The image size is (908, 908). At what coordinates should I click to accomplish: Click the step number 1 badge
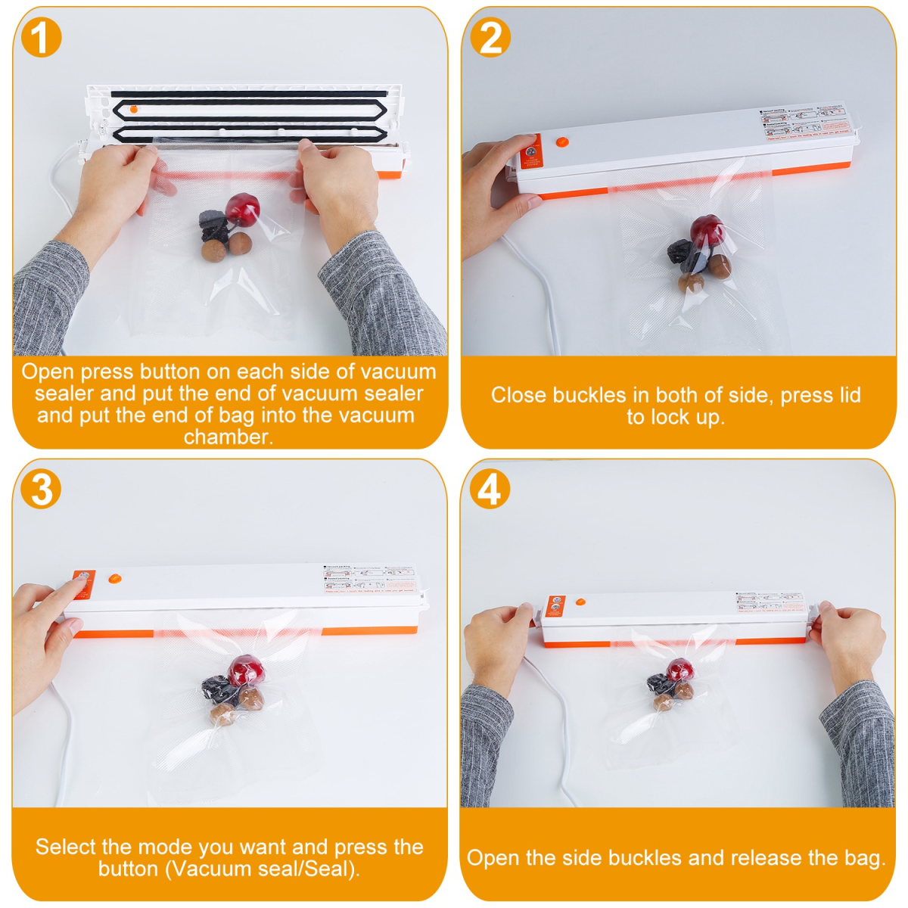tap(40, 38)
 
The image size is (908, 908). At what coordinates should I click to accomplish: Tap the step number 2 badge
tap(490, 38)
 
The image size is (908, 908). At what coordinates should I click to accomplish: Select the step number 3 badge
tap(40, 489)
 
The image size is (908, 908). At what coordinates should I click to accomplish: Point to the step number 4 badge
tap(490, 489)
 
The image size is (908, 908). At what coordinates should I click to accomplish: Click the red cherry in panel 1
tap(243, 207)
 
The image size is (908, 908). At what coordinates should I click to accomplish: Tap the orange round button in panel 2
tap(561, 141)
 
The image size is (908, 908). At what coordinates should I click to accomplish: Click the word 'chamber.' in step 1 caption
tap(228, 437)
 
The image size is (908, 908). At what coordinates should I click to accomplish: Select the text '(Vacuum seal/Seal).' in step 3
tap(229, 869)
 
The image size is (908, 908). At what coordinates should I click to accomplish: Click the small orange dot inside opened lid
tap(134, 110)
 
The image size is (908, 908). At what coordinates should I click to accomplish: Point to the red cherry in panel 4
tap(679, 670)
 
